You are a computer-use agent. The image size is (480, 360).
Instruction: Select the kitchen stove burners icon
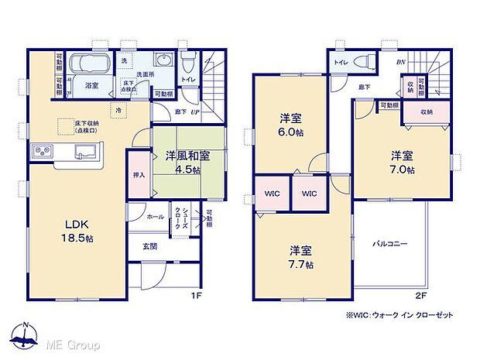[42, 150]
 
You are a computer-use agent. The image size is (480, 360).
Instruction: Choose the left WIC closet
[273, 193]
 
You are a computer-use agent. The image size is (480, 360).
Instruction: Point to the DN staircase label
[400, 62]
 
